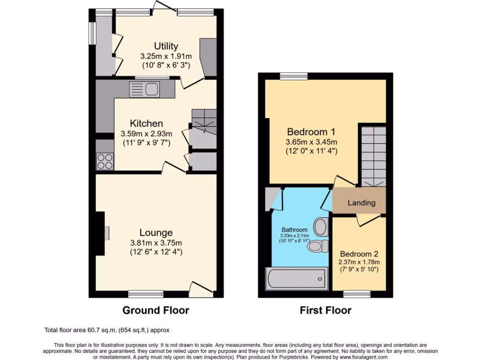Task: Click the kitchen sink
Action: coord(145,88)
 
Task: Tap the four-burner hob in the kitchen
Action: coord(105,161)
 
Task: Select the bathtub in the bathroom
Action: coord(296,279)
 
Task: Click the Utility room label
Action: coord(166,46)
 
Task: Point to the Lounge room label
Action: coord(156,232)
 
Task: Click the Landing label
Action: coord(361,203)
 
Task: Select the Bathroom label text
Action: coord(295,230)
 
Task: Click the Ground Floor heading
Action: coord(156,310)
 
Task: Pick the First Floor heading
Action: coord(325,310)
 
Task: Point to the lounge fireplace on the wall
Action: coord(101,233)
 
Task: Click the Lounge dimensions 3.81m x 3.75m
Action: coord(156,243)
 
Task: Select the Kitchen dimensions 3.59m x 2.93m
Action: coord(147,134)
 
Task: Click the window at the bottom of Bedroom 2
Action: coord(357,294)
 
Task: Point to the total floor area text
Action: coord(106,330)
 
